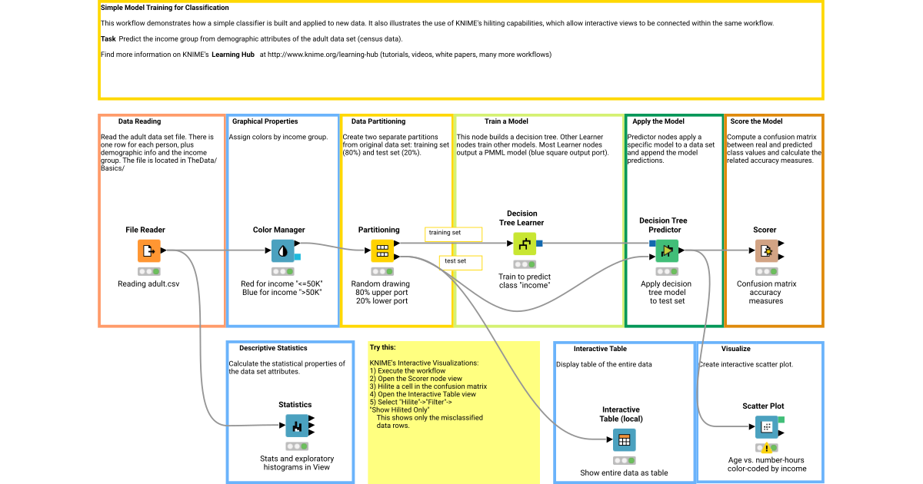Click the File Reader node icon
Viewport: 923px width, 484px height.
[149, 250]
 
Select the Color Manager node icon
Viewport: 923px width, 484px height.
[282, 250]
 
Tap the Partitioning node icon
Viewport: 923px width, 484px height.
[382, 250]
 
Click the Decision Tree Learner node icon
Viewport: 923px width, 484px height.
[525, 244]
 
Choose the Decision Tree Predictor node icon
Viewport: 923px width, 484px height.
[668, 250]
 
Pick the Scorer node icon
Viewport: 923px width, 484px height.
[765, 250]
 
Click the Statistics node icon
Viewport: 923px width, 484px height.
[297, 426]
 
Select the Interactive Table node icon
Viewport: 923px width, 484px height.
[624, 440]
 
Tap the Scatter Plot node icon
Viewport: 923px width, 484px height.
[766, 426]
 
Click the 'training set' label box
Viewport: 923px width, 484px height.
[453, 233]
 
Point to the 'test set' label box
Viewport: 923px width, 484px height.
[460, 262]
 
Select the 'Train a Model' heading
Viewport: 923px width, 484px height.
[507, 121]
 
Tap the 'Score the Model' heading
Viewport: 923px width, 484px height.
[756, 121]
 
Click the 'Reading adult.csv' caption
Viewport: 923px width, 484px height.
[149, 284]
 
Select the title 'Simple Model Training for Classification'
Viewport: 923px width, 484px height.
[165, 8]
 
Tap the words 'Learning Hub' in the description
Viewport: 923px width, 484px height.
[235, 55]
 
